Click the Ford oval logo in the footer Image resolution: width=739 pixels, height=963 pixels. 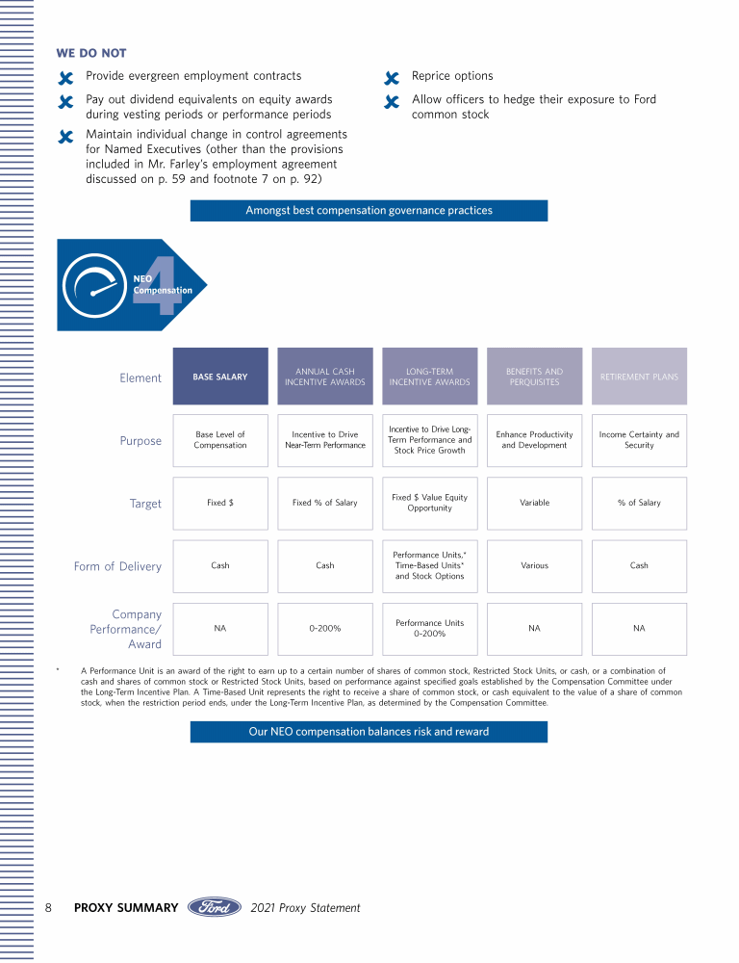[215, 907]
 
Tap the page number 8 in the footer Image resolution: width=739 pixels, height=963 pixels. [48, 907]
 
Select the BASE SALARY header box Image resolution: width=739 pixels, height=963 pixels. [220, 377]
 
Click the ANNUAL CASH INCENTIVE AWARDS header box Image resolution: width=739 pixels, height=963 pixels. [325, 377]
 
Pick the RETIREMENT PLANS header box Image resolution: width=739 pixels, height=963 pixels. [639, 377]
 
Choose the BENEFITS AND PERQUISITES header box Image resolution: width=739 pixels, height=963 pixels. [534, 377]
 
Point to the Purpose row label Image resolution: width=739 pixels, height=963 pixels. [140, 440]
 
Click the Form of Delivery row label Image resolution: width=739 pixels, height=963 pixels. [117, 566]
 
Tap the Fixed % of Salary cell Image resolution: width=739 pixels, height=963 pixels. [325, 503]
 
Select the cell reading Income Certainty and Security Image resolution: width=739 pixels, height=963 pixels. [639, 440]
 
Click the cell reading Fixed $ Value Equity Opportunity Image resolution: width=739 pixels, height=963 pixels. [429, 503]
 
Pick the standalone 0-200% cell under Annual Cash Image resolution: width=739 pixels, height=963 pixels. [325, 628]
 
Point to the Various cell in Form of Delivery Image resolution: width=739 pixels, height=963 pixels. [534, 565]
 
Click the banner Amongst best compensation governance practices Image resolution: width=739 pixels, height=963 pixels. [369, 210]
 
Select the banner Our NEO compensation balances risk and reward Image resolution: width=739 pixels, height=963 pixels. [369, 732]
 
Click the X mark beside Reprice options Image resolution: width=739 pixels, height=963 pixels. [391, 78]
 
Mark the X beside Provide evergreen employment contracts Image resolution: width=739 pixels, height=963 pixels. [65, 78]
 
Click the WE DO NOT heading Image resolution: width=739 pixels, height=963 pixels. [91, 53]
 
